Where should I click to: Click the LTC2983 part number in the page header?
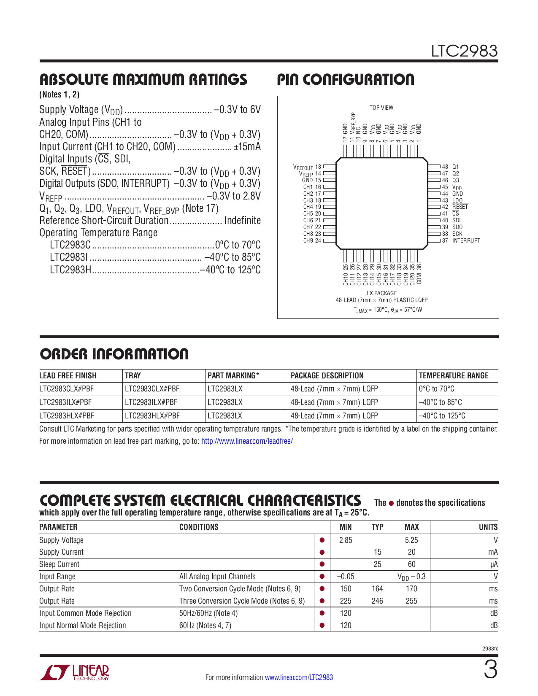(464, 51)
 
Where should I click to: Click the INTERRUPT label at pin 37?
(466, 240)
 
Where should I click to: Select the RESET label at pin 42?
(460, 207)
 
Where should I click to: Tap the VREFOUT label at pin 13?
(303, 167)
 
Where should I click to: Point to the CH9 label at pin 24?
(308, 240)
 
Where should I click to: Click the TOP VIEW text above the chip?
(381, 108)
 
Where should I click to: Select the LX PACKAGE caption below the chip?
(381, 293)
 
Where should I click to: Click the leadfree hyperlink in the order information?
(247, 441)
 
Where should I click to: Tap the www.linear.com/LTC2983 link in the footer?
(299, 677)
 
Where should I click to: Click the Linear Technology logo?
(75, 672)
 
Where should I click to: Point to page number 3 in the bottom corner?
(490, 670)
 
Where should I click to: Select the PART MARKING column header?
(233, 375)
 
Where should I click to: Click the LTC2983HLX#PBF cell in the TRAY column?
(152, 415)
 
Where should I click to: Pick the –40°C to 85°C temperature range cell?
(440, 402)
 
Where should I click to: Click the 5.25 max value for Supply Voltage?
(411, 540)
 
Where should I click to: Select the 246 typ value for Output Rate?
(377, 601)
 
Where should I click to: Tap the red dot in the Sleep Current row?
(322, 564)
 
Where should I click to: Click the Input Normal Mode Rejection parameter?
(83, 625)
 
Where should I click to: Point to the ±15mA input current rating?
(247, 147)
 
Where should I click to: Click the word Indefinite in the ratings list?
(242, 221)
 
